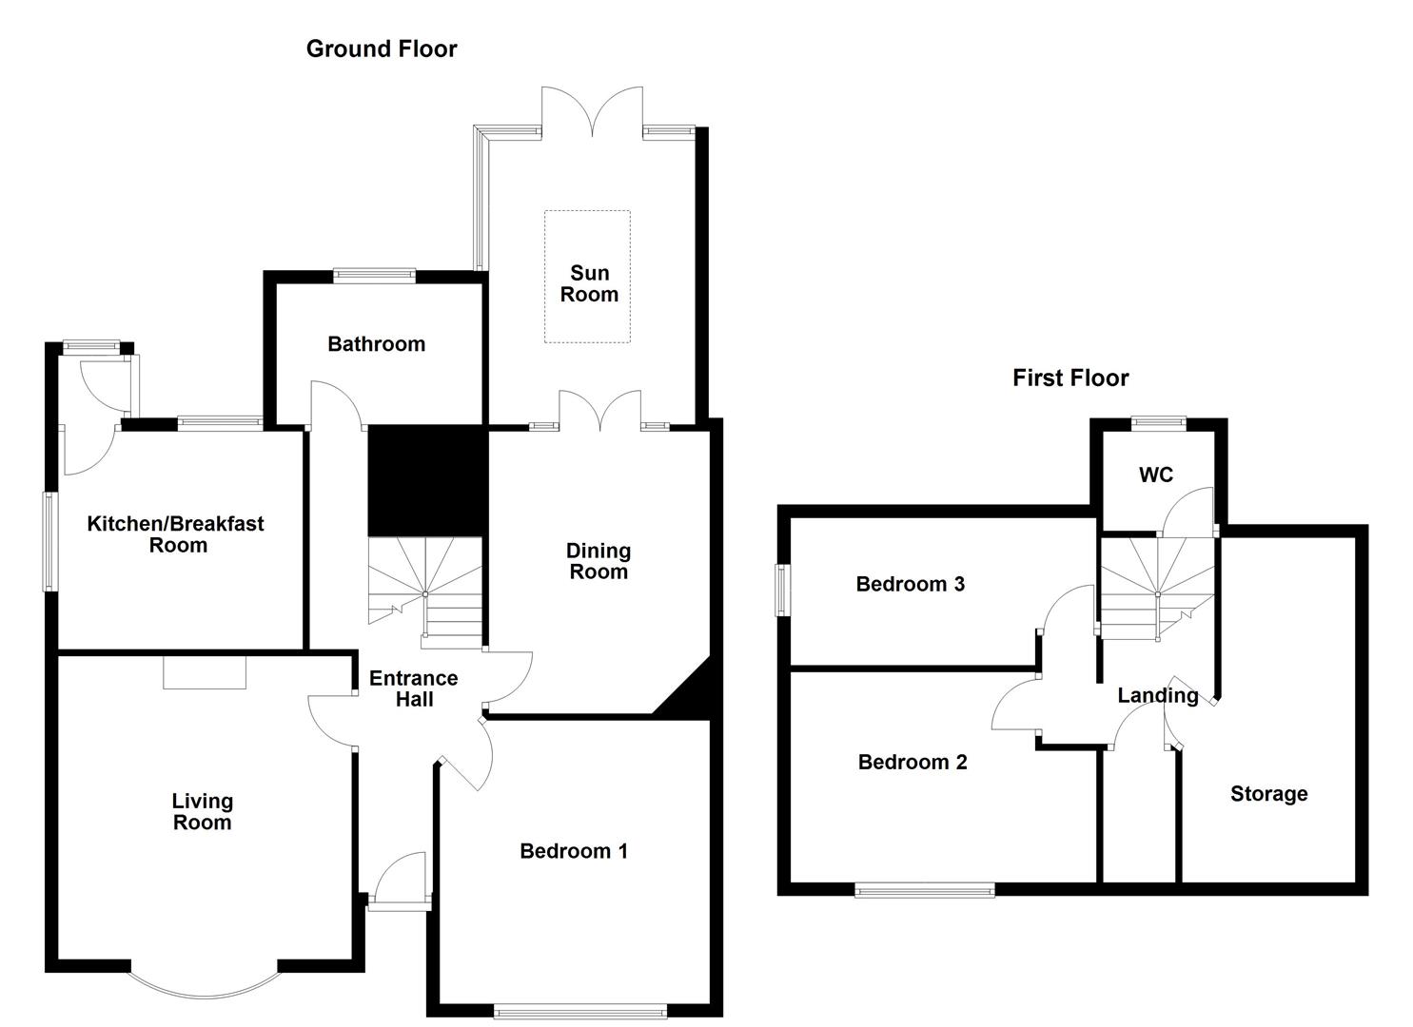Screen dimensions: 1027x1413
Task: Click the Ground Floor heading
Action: (x=381, y=49)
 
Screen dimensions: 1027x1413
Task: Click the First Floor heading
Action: (x=1070, y=378)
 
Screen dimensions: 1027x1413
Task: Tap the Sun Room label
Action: (x=589, y=284)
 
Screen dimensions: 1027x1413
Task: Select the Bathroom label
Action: (x=376, y=344)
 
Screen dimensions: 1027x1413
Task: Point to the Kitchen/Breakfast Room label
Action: (x=176, y=534)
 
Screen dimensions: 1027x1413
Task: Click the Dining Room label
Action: (x=598, y=561)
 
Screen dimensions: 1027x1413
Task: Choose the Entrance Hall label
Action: (x=413, y=688)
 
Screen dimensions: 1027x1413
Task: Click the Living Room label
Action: (x=202, y=812)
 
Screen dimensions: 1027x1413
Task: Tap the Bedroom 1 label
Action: (x=573, y=851)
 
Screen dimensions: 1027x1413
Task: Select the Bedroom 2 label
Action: (x=912, y=762)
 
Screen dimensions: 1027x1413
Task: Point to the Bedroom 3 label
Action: (x=910, y=584)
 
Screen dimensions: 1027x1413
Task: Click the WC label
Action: (x=1155, y=475)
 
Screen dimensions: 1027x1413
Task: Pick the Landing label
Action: (x=1157, y=695)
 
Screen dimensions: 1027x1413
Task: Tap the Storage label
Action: (x=1268, y=794)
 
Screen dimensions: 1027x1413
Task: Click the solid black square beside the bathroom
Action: (x=425, y=480)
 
